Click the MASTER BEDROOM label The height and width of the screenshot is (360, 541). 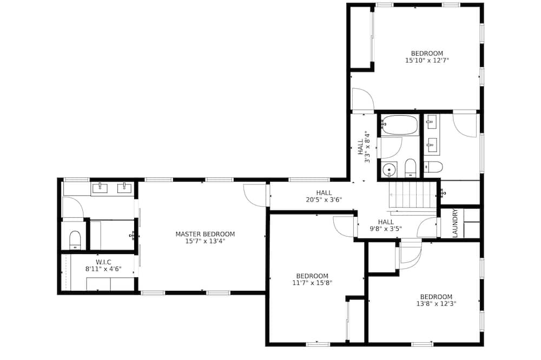pos(205,234)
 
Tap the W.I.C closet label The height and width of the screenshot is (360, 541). pos(103,262)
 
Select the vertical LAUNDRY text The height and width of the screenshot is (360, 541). pos(455,223)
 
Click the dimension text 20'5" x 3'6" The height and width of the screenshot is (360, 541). pos(324,199)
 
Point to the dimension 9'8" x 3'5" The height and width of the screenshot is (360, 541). pos(386,228)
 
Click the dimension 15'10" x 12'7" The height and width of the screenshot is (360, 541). pos(427,61)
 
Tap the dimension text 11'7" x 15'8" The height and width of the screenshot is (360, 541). pos(312,283)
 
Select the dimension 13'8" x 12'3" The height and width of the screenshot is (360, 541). pos(436,304)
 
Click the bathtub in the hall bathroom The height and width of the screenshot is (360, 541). pos(400,125)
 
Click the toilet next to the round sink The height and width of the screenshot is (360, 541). pos(410,168)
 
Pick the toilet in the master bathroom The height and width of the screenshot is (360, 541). pos(75,240)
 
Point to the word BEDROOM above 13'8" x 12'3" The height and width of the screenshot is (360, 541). pos(436,297)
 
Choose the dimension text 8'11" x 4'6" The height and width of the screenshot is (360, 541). pos(103,269)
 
